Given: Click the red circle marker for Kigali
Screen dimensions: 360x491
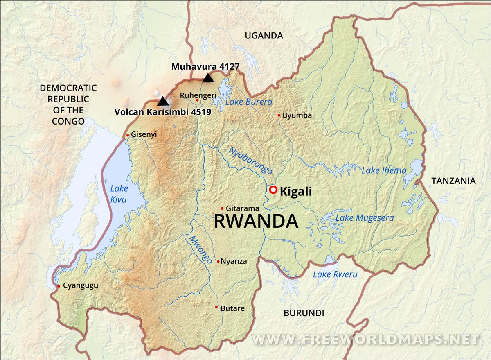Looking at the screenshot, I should (x=273, y=190).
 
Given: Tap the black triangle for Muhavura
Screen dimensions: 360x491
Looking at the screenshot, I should (x=208, y=78).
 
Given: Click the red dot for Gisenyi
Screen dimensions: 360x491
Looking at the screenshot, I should (x=128, y=135).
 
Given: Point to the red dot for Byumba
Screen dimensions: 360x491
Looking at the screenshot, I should (x=279, y=115).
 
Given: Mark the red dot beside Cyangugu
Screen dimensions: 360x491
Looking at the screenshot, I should (x=59, y=286).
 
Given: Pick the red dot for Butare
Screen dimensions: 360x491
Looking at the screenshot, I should (x=216, y=307).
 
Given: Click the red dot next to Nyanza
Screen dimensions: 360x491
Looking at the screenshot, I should (x=218, y=261).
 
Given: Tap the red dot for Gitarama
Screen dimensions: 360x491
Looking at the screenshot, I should (x=222, y=208).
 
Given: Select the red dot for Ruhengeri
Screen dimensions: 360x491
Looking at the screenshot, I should (x=197, y=100).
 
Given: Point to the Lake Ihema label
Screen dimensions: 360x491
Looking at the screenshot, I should (x=384, y=170).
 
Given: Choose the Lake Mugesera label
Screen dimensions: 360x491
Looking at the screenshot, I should (x=364, y=218).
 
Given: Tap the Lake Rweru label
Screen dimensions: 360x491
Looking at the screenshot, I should (x=335, y=274).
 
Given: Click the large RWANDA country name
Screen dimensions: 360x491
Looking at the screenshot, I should (x=256, y=221).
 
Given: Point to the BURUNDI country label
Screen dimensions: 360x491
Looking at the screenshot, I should (x=304, y=313).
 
